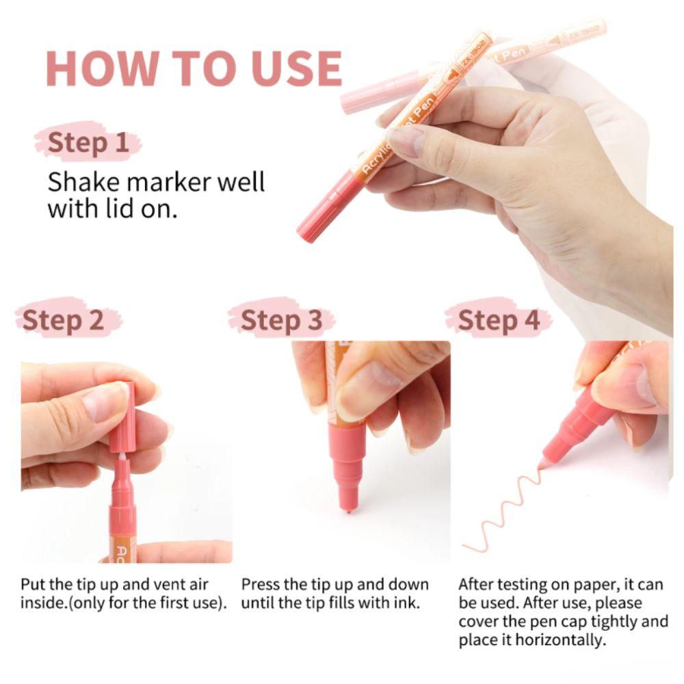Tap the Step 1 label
point(88,143)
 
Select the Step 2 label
point(63,321)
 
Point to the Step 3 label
point(281,321)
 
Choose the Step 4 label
point(499,321)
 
